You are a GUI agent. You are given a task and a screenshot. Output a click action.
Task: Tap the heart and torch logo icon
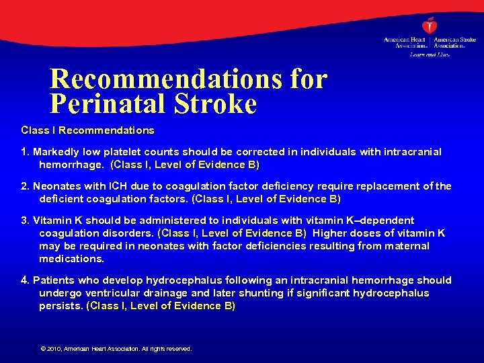(430, 25)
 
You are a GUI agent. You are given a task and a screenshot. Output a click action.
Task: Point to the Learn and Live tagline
(430, 54)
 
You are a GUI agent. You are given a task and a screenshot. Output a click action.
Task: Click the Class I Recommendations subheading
(87, 130)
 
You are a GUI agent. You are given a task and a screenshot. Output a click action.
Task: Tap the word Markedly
(56, 152)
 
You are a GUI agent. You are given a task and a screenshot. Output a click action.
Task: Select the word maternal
(408, 246)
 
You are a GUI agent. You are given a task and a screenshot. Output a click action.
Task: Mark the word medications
(72, 259)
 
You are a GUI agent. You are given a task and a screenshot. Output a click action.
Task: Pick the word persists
(61, 306)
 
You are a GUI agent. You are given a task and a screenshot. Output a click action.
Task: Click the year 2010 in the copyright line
(54, 349)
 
